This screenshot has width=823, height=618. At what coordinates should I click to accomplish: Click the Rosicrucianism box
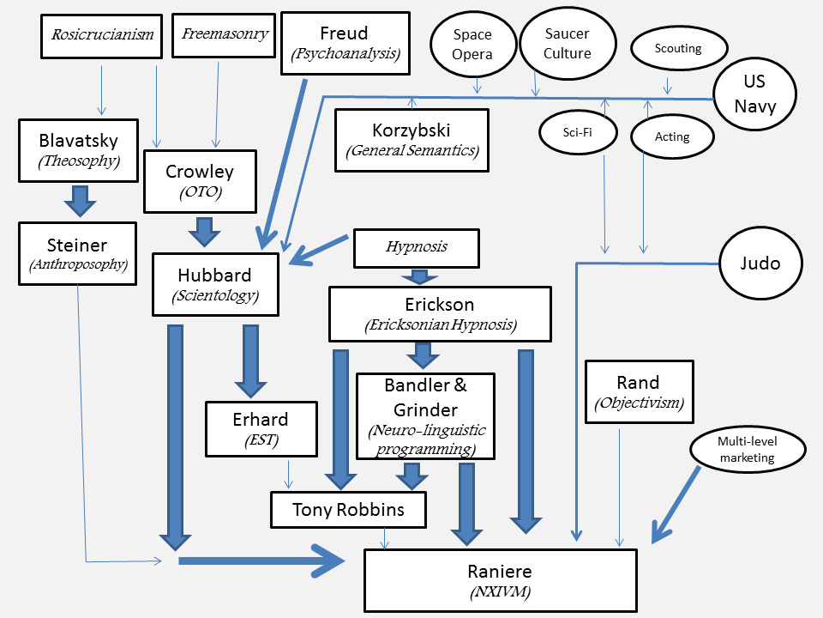[102, 35]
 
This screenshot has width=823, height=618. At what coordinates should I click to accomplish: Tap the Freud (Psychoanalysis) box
[344, 43]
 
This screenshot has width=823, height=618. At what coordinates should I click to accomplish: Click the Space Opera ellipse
[472, 45]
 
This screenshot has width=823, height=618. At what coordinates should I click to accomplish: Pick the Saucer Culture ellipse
[567, 43]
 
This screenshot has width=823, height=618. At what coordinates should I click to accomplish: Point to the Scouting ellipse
[677, 49]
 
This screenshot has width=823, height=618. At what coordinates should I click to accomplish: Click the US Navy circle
[754, 94]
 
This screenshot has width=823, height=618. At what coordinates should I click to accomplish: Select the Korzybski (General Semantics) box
[411, 140]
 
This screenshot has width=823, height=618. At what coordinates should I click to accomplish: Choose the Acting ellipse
[671, 136]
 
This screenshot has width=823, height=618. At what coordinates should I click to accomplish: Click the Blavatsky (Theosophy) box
[77, 149]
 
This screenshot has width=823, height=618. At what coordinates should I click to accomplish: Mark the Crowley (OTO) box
[199, 181]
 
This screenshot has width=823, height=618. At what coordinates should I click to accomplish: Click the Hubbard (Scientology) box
[216, 285]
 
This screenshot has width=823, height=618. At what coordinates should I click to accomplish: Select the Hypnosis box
[417, 246]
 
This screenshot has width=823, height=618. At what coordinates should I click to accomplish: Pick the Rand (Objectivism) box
[638, 391]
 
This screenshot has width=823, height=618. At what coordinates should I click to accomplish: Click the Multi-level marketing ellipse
[747, 449]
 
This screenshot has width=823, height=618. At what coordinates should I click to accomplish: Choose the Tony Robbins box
[348, 510]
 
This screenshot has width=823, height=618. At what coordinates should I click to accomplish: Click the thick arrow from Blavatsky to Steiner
[79, 202]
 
